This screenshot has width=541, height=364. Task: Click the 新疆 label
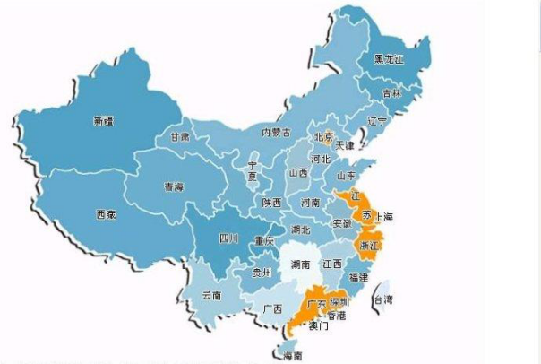[104, 119]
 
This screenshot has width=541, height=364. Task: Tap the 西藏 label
[106, 214]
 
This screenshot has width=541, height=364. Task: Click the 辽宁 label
[377, 119]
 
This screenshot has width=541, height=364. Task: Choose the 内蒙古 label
[276, 132]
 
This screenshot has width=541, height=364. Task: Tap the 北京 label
[323, 137]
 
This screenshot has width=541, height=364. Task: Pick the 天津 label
[346, 145]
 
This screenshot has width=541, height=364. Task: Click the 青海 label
[174, 187]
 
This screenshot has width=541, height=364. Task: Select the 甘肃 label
[179, 137]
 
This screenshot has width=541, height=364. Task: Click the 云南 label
[211, 294]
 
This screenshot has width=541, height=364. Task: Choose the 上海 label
[382, 218]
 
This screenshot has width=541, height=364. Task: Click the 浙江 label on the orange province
[369, 244]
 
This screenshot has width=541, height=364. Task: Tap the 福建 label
[359, 277]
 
